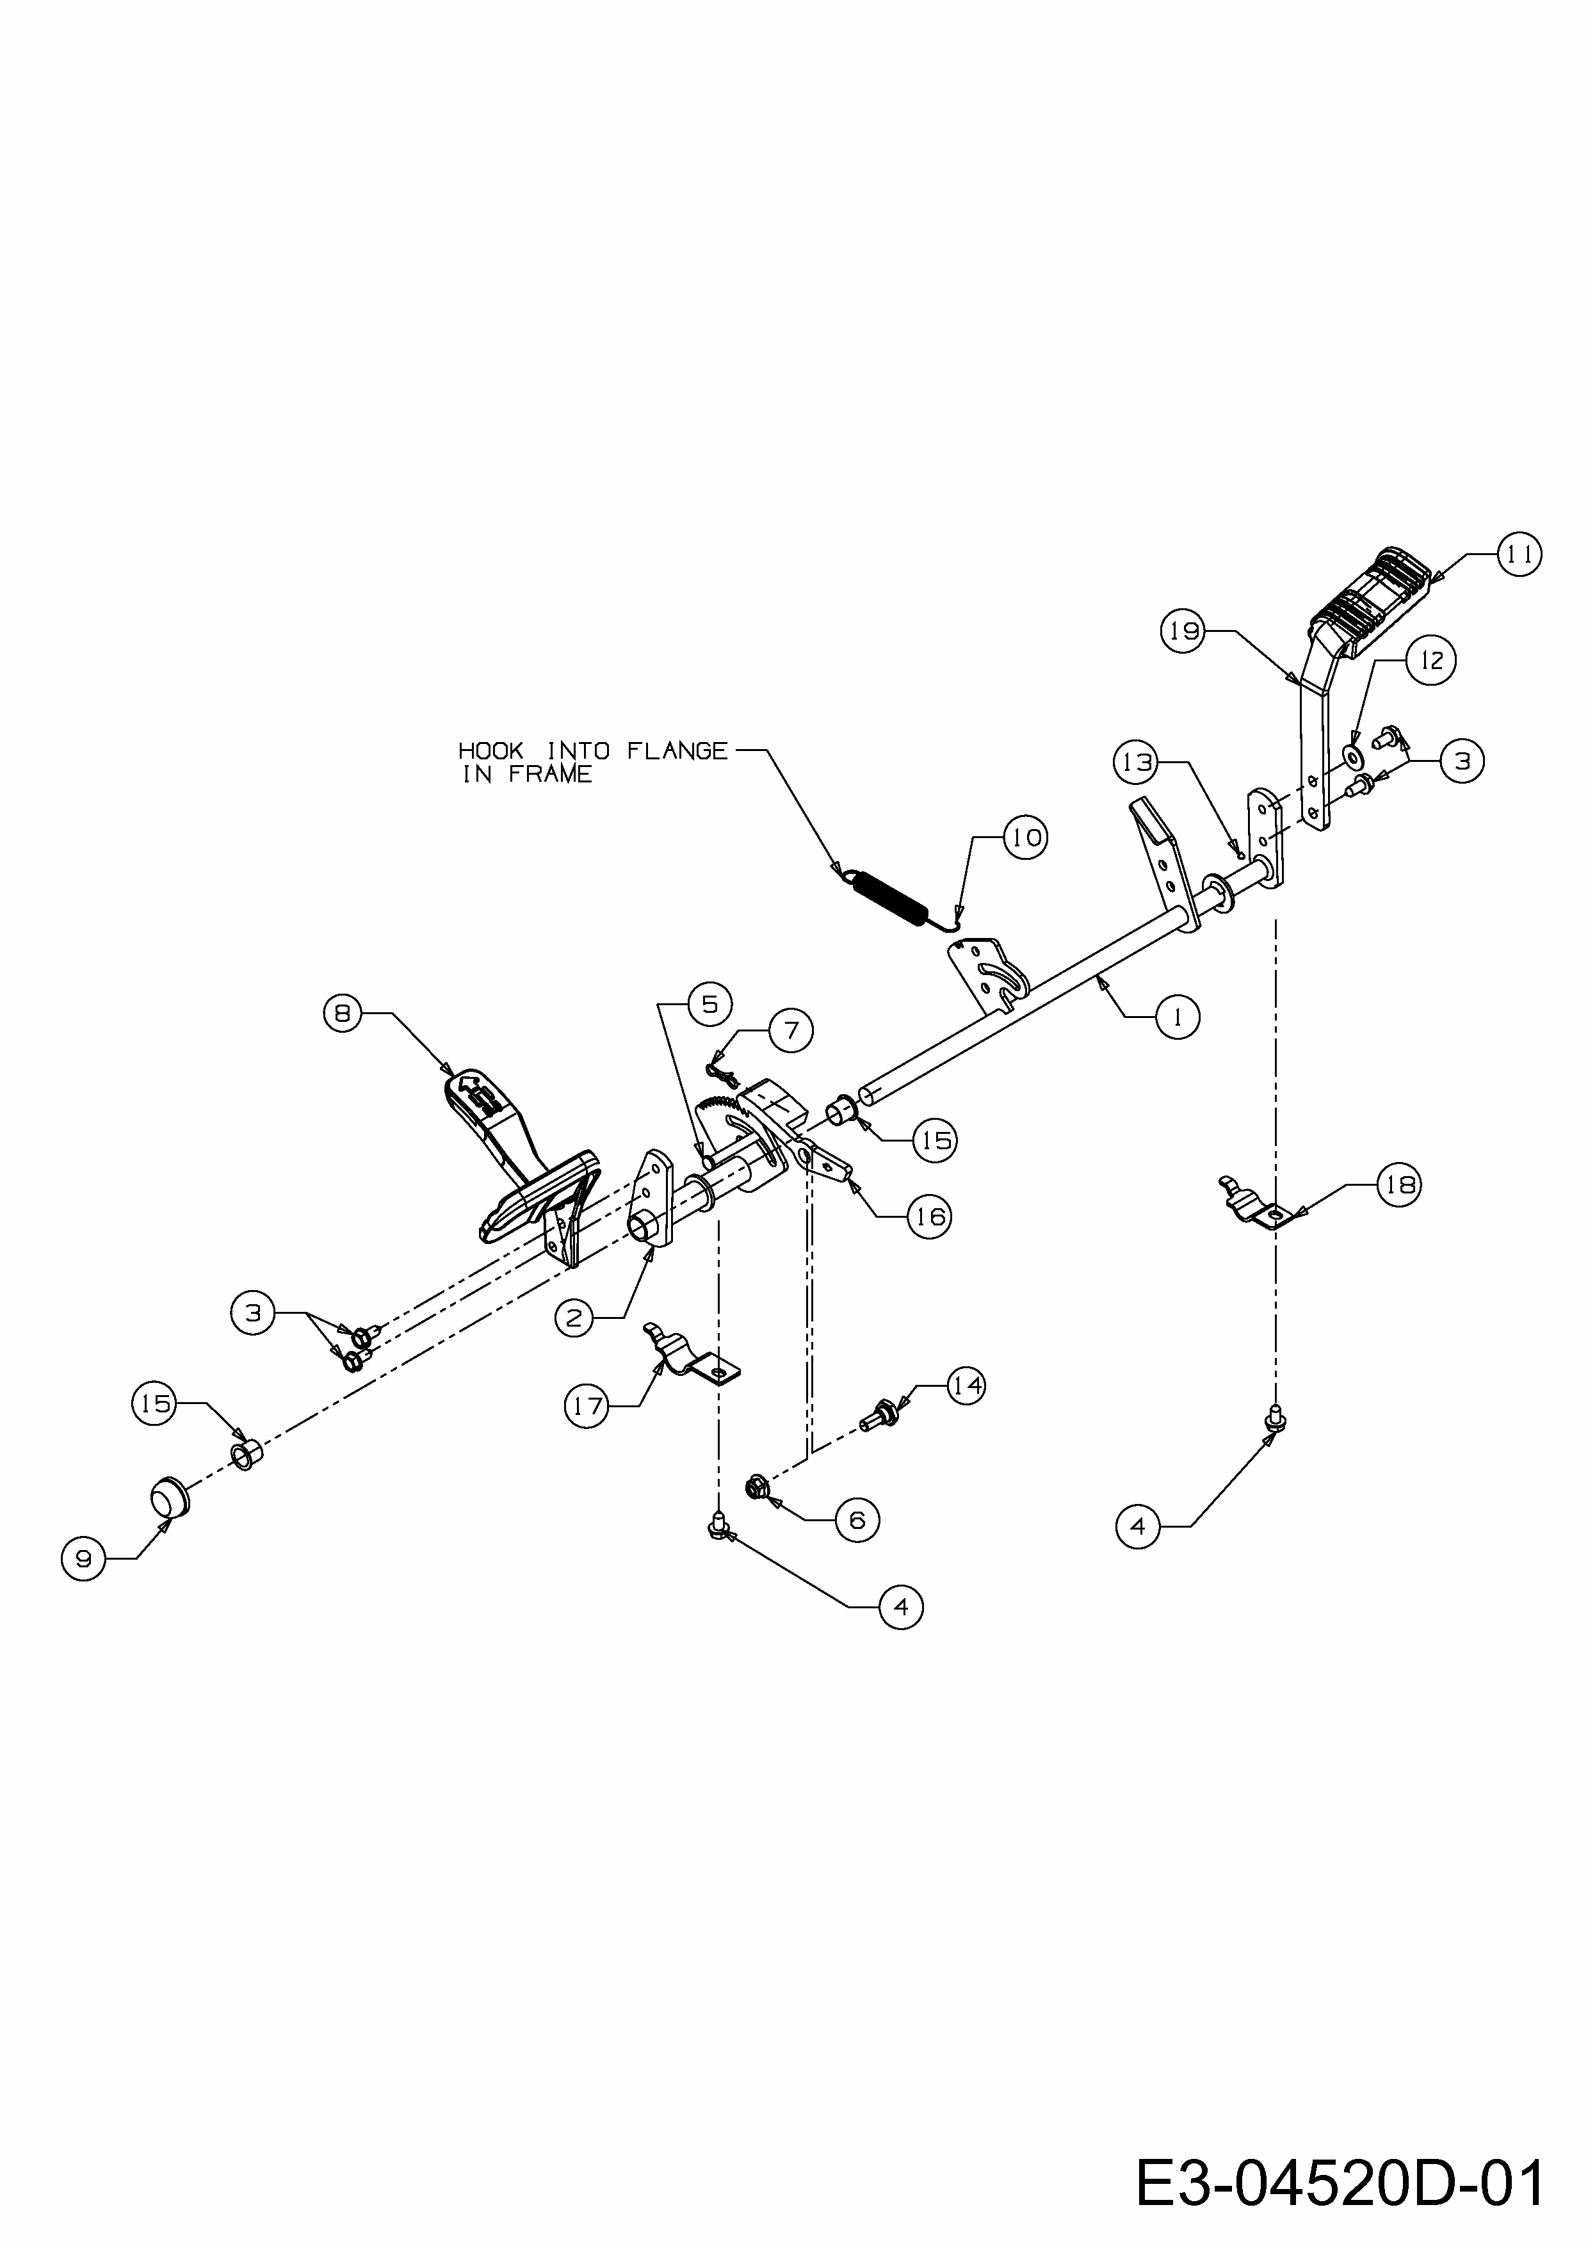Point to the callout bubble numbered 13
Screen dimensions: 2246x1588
pyautogui.click(x=1137, y=761)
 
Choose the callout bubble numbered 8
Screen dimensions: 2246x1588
pyautogui.click(x=343, y=1014)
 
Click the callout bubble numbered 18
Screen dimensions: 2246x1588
pyautogui.click(x=1399, y=1184)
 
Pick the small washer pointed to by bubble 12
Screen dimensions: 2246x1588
pyautogui.click(x=1356, y=756)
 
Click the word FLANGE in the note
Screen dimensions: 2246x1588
pyautogui.click(x=677, y=750)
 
